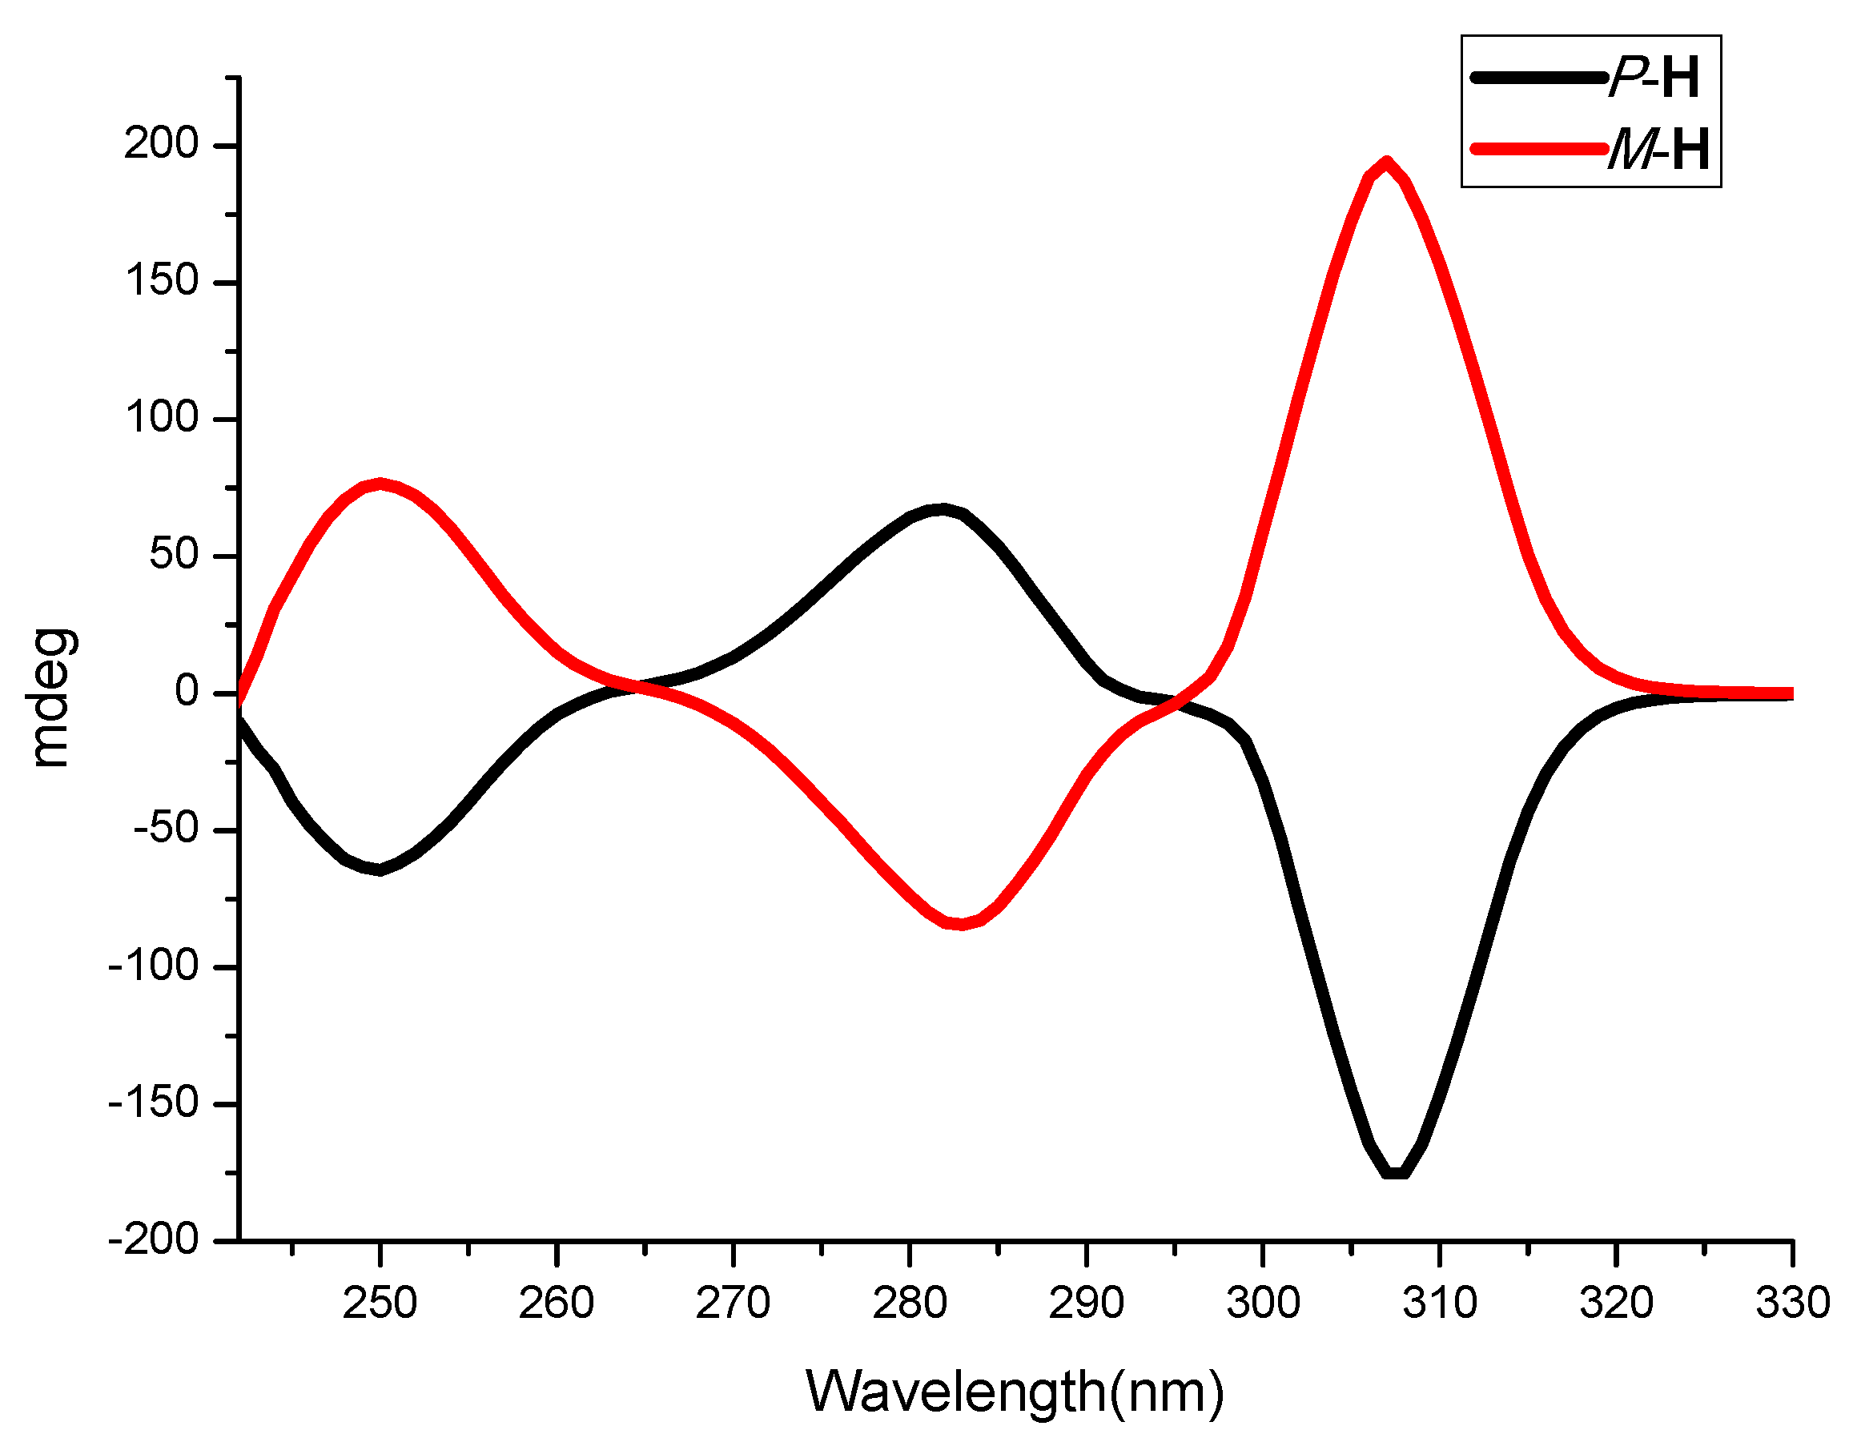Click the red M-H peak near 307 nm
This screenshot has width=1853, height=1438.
1386,163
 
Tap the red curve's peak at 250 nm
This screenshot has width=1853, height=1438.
381,483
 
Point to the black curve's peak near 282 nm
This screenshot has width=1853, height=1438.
942,509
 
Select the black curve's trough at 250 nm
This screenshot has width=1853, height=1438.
380,870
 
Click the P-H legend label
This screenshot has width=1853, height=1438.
1654,78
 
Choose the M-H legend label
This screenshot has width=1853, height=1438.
1658,151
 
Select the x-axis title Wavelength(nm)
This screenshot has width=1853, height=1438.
1015,1392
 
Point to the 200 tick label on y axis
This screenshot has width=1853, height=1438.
161,144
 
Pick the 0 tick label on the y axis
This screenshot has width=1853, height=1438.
187,693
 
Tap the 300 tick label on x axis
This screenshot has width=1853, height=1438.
1263,1302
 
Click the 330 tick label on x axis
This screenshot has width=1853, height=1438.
1792,1302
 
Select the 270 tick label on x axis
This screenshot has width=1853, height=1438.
733,1302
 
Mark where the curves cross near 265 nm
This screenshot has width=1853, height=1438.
638,688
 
